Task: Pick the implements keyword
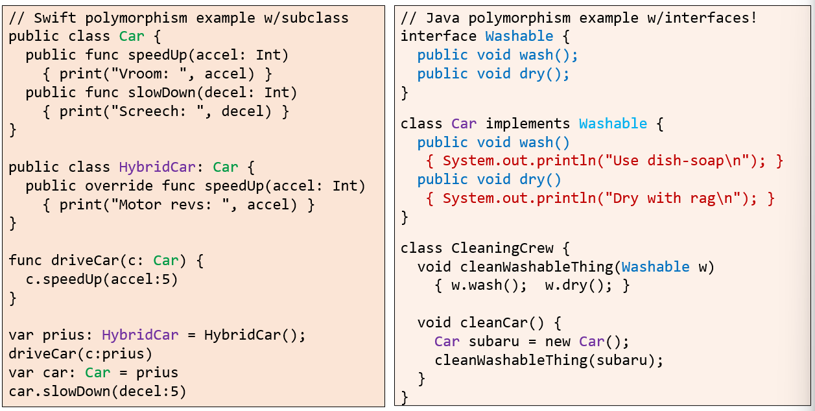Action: (x=527, y=124)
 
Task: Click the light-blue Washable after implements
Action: (x=613, y=124)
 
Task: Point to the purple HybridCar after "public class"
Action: (x=157, y=168)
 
